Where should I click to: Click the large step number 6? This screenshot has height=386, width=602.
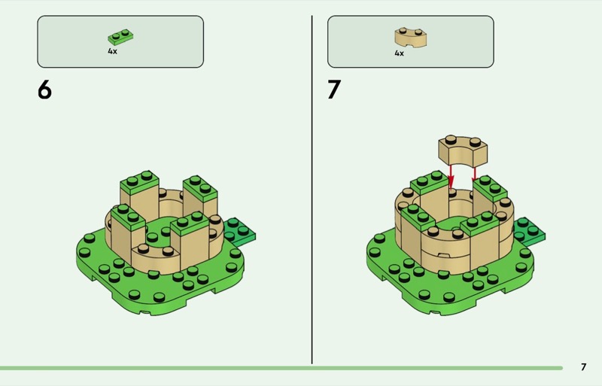coord(44,90)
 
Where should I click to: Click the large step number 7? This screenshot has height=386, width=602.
coord(334,90)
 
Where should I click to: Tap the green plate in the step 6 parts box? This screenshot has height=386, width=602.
coord(120,38)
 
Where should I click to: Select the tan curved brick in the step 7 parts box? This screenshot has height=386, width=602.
coord(410,38)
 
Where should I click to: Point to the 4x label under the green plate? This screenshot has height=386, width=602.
coord(112,51)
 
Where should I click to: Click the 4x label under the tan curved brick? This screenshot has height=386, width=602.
coord(400,53)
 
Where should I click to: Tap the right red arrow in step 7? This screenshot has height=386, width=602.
coord(475,173)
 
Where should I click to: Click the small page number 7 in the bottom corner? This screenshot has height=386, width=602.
coord(584,367)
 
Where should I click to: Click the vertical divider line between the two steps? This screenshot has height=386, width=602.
coord(312,190)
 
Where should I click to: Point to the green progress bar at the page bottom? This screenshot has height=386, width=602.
coord(281,369)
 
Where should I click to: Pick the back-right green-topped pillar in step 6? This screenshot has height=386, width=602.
coord(199,196)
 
